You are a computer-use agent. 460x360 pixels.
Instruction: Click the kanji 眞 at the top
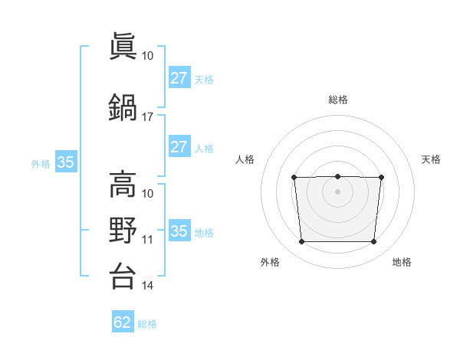pos(123,46)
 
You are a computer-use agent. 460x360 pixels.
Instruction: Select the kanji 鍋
pos(123,107)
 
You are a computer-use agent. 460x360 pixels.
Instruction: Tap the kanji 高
pos(123,184)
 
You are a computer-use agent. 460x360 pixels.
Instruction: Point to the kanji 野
pos(123,230)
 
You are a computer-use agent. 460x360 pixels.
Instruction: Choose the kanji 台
pos(123,276)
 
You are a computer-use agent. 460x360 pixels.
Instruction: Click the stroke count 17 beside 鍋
pos(147,117)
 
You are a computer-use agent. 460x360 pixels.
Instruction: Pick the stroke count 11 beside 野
pos(147,240)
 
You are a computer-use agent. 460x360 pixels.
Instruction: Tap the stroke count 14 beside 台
pos(147,286)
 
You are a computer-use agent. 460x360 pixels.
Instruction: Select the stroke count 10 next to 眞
pos(147,56)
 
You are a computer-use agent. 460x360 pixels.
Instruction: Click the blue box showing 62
pos(123,321)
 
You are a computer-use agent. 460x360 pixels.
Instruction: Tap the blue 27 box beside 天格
pos(180,77)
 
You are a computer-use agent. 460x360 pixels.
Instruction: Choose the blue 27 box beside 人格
pos(180,146)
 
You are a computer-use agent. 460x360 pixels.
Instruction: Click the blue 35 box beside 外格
pos(66,162)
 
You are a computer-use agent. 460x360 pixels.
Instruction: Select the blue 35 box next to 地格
pos(180,230)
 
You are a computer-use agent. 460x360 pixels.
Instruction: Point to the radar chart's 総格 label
pos(338,100)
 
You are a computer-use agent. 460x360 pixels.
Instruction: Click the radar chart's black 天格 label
pos(431,159)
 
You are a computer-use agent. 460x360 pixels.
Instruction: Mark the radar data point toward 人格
pos(294,178)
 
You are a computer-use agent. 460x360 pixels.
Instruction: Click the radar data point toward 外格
pos(302,241)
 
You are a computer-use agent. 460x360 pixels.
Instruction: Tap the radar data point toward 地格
pos(374,241)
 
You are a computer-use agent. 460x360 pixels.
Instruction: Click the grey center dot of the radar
pos(337,191)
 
